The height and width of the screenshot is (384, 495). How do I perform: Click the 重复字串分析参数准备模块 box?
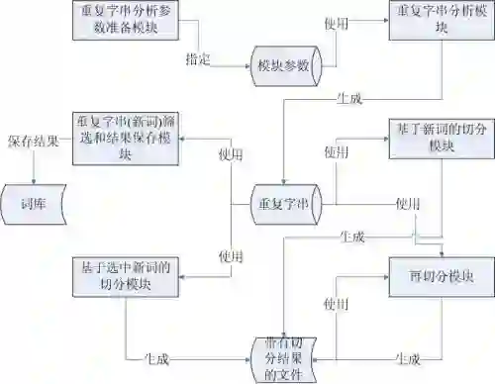(x=124, y=20)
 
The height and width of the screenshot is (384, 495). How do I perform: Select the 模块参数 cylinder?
(x=284, y=66)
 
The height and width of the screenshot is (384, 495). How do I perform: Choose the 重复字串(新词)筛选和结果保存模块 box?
(x=124, y=138)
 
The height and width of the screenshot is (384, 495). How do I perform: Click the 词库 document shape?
(x=32, y=206)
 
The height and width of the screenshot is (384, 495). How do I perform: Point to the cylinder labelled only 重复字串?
(x=284, y=203)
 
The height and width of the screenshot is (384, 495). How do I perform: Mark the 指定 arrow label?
(x=199, y=59)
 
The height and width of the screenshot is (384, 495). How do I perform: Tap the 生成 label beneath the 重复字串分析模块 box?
(x=349, y=100)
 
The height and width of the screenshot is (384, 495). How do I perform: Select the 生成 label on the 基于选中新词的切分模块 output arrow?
(x=156, y=357)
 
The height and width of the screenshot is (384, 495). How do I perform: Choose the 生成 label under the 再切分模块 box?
(x=407, y=357)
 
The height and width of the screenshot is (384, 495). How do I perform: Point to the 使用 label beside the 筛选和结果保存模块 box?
(x=231, y=154)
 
